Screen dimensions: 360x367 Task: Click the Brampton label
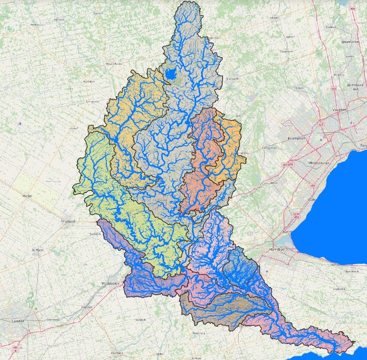pyautogui.click(x=297, y=138)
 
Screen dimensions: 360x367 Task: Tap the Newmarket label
pyautogui.click(x=351, y=42)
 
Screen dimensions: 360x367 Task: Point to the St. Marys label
pyautogui.click(x=38, y=250)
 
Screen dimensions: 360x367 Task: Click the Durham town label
pyautogui.click(x=98, y=13)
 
